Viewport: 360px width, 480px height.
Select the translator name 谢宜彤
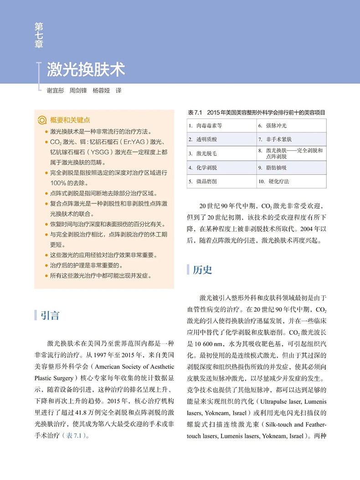coord(55,91)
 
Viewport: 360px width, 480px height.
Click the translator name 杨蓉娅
coord(101,91)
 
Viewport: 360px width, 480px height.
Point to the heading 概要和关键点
coord(70,120)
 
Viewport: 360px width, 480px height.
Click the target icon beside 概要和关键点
coord(42,120)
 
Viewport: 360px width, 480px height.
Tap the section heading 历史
coord(202,270)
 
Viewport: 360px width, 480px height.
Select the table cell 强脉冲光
coord(277,125)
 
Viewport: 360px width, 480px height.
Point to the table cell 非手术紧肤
coord(279,139)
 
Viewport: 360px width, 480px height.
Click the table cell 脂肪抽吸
coord(276,168)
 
